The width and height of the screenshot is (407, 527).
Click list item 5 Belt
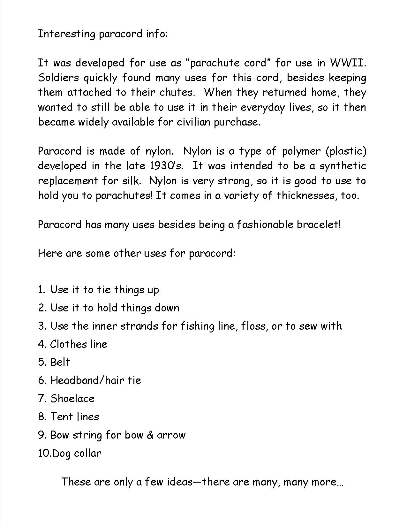[x=60, y=362]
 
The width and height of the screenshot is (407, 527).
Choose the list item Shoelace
[x=72, y=398]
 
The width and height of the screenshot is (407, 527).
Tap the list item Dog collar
[x=76, y=453]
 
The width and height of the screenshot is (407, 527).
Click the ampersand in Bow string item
[x=150, y=435]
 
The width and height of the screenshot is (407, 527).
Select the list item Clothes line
[x=79, y=344]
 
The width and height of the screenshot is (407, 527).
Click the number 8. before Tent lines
[x=42, y=416]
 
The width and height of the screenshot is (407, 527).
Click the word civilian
[x=194, y=122]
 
